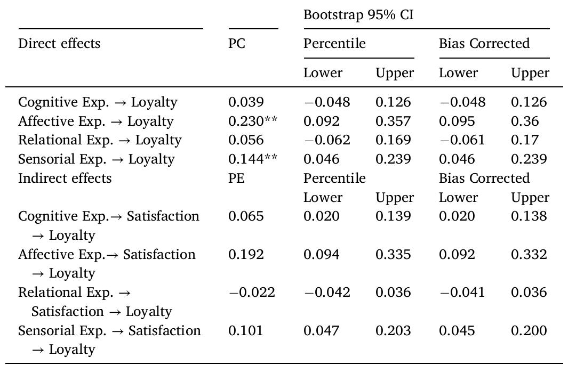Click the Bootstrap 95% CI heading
358,15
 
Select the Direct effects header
59,44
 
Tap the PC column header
237,44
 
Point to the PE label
237,178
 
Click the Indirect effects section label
65,178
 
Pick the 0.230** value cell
253,121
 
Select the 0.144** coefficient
253,159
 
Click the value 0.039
246,102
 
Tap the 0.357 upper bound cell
393,121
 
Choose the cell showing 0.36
522,121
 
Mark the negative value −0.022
252,293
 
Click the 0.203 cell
393,331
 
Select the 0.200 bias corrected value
529,331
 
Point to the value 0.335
393,255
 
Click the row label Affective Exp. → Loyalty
96,121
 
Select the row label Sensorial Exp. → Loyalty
97,159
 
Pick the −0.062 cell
327,140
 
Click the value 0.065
246,216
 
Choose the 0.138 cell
529,216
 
